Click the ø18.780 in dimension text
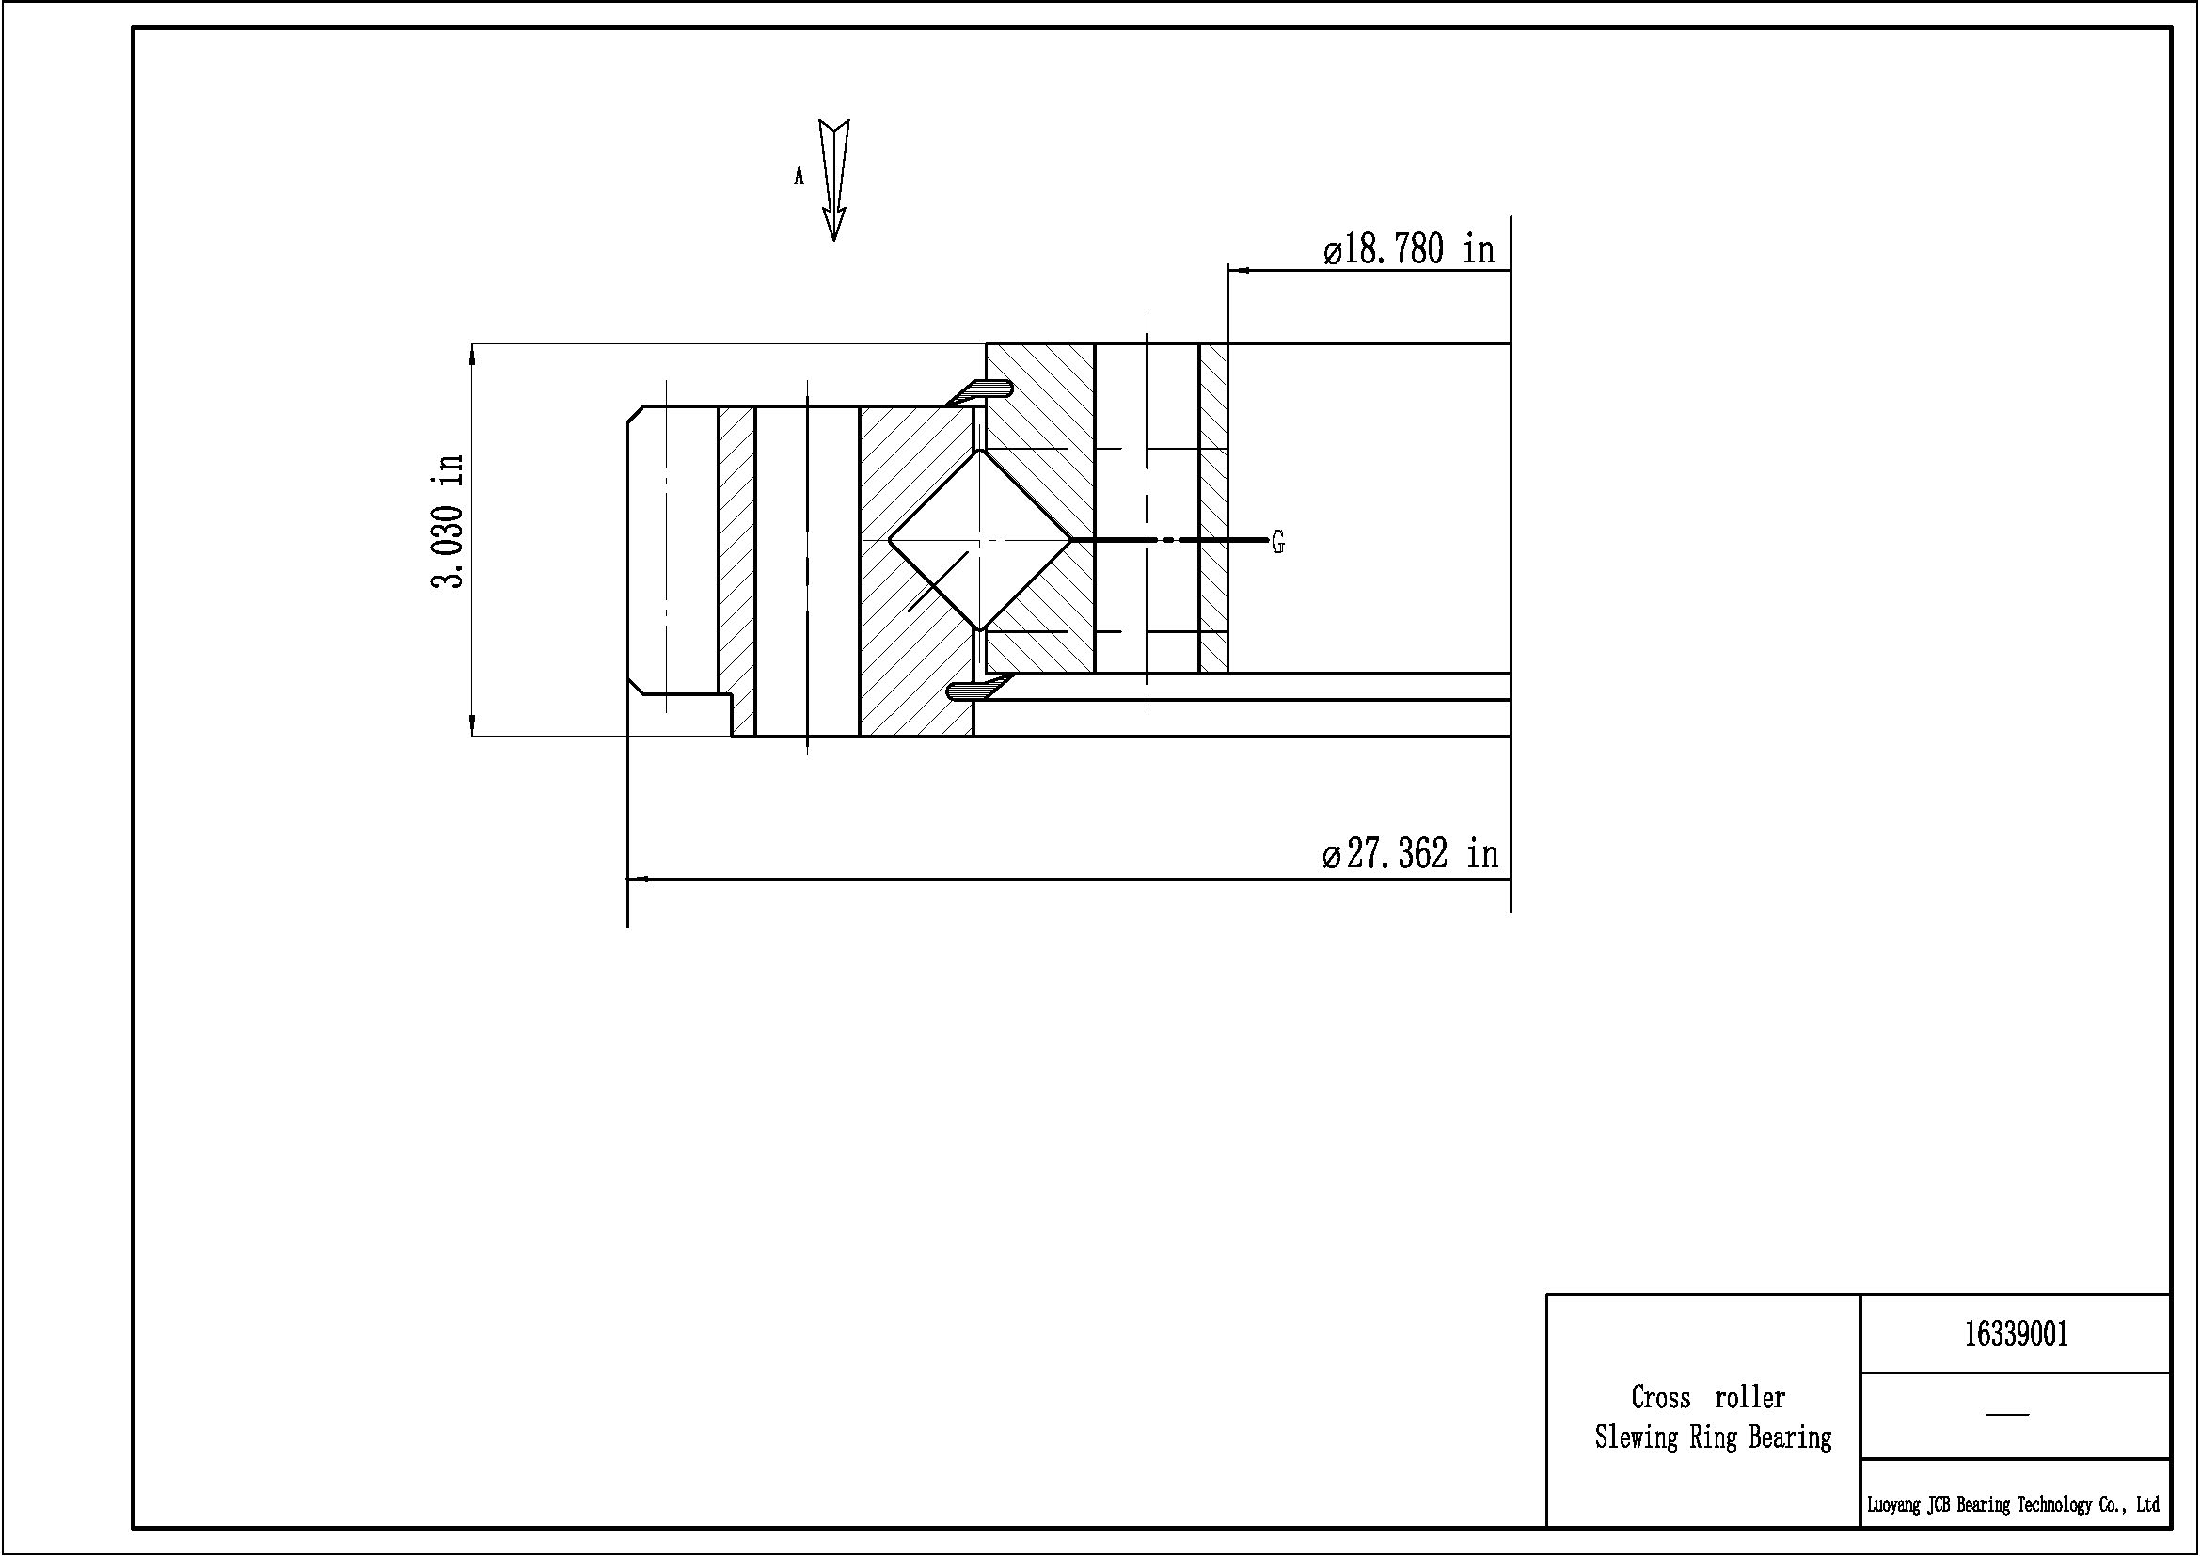click(x=1409, y=250)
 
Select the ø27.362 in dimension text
click(x=1410, y=852)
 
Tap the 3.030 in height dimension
click(x=448, y=520)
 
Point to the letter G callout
click(x=1277, y=542)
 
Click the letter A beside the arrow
click(x=799, y=176)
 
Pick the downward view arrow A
click(x=834, y=180)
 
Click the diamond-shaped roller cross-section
click(x=980, y=540)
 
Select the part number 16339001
click(x=2016, y=1334)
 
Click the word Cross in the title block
click(x=1660, y=1397)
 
